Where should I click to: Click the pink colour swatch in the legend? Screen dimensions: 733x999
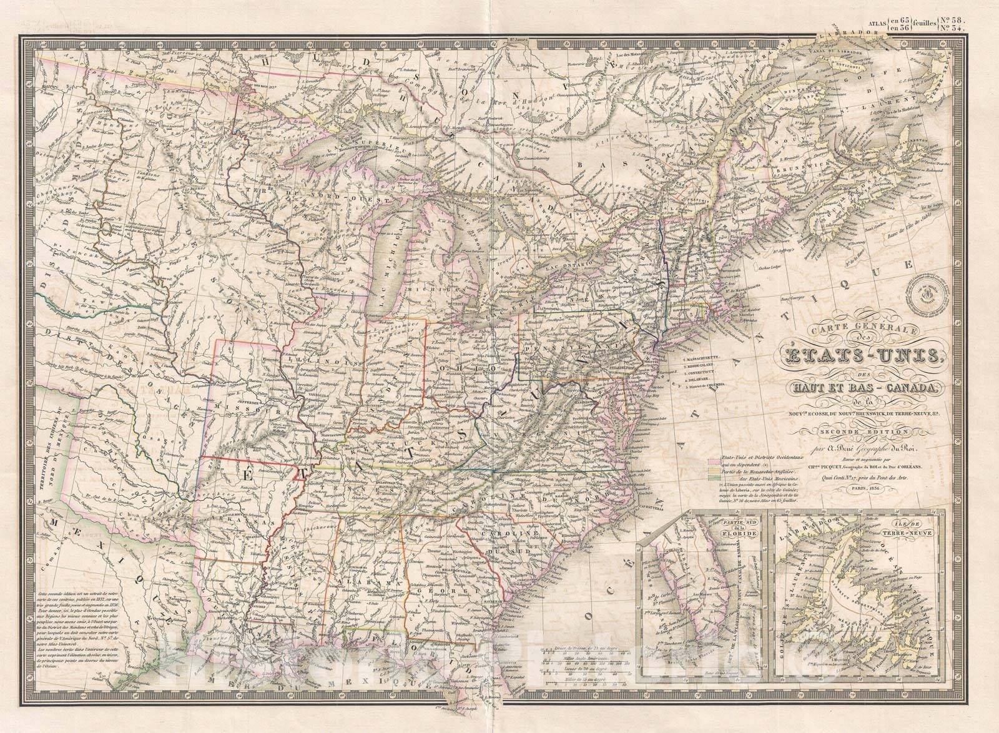coord(711,461)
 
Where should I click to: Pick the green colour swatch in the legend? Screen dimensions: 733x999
coord(711,478)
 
